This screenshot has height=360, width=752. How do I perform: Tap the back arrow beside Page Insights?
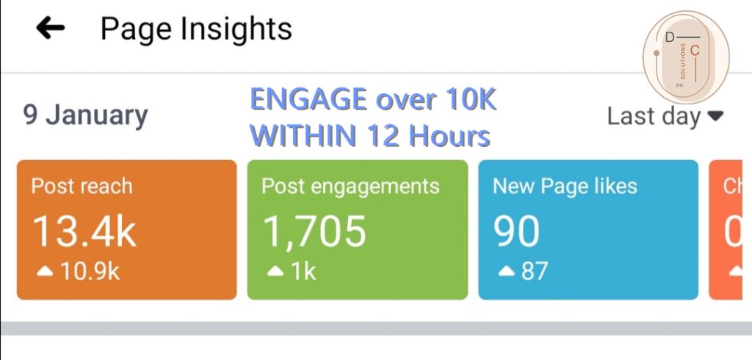[x=50, y=29]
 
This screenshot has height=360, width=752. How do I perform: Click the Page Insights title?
[x=196, y=29]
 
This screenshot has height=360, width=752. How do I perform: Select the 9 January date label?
[x=85, y=115]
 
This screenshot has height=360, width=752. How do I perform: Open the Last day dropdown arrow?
[x=715, y=116]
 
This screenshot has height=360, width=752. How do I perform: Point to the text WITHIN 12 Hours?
[x=370, y=135]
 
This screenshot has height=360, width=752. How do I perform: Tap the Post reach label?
[x=82, y=186]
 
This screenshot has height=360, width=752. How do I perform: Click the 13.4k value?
[x=84, y=231]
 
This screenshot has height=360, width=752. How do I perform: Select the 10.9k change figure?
[x=90, y=271]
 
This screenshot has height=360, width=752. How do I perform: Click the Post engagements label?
[x=350, y=186]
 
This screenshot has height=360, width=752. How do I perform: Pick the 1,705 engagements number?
[x=314, y=231]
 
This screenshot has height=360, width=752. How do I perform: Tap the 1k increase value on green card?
[x=303, y=271]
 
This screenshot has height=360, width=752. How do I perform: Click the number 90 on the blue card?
[x=518, y=231]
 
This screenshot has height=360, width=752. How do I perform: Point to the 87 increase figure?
[x=534, y=271]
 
